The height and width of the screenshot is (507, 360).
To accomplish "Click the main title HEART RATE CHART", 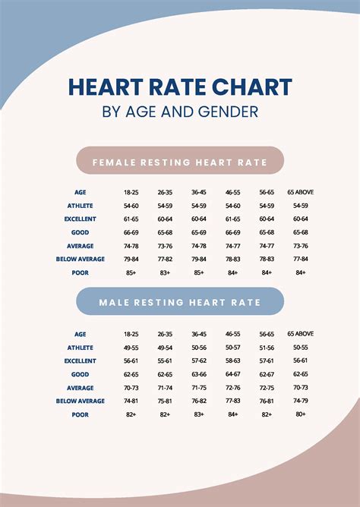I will pos(180,87).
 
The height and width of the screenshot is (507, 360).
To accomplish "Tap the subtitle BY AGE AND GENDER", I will pos(180,112).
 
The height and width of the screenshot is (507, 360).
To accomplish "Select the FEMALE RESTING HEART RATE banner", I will pos(180,161).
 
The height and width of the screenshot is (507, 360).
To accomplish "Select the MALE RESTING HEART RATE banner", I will pos(180,302).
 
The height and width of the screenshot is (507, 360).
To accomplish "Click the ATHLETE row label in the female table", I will pos(81,206).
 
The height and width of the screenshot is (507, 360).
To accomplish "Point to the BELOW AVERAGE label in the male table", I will pos(81,401).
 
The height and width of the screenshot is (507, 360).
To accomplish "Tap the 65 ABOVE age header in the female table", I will pos(301,192).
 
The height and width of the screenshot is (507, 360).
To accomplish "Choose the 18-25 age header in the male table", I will pos(131,333).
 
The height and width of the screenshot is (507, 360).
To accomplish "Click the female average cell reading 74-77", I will pos(233,246).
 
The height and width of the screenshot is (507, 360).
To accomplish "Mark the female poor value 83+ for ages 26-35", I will pos(165,272).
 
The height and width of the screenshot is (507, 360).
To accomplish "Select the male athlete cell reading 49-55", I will pos(131,347).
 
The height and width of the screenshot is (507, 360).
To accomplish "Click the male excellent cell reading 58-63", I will pos(233,361).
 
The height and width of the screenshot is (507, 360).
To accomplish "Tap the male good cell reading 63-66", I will pos(199,374).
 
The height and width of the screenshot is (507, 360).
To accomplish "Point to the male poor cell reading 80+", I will pos(301,414).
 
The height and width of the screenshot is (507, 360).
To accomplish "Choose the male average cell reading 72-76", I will pos(233,387).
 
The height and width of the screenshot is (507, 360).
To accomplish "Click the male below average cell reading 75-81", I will pos(165,401).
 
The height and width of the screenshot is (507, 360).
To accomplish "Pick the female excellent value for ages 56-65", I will pos(267,219).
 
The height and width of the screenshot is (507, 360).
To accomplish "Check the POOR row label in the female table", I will pos(81,272).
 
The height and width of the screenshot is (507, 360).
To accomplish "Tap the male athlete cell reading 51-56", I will pos(267,347).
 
